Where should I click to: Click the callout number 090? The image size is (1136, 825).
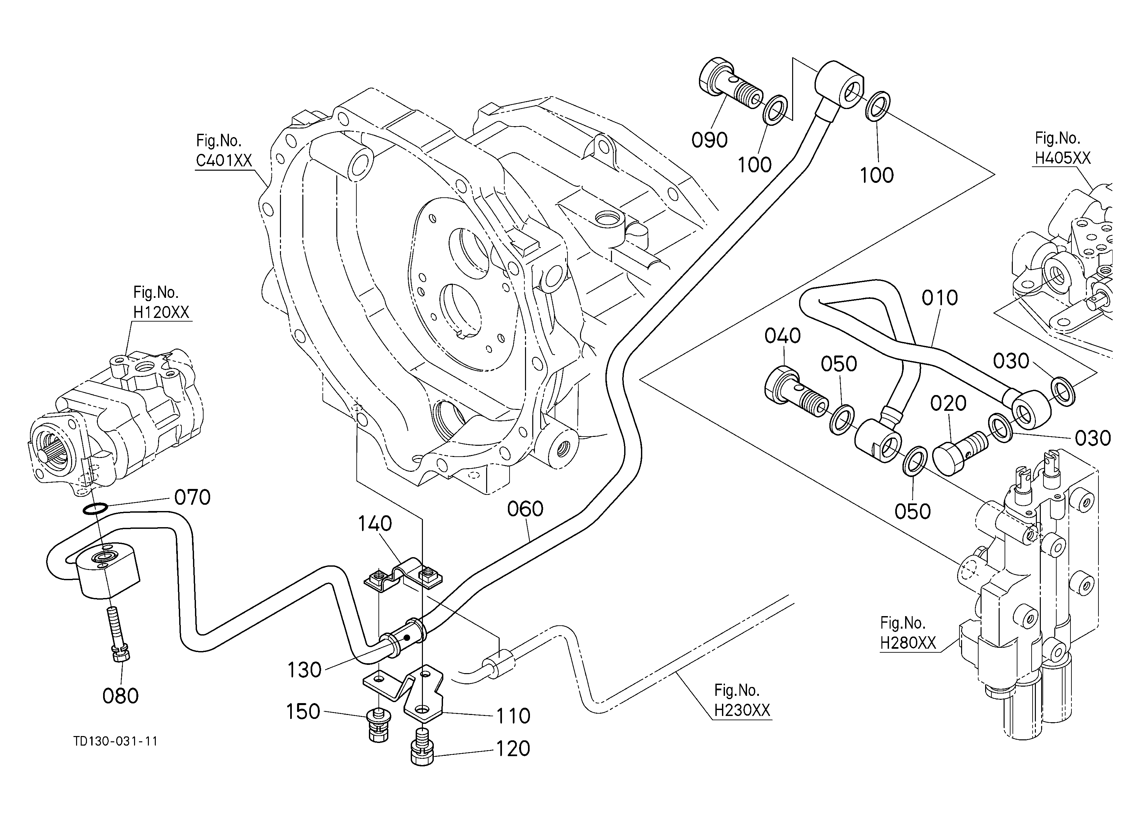[709, 140]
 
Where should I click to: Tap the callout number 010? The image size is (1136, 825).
[940, 298]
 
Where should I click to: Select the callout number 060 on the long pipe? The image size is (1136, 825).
[525, 509]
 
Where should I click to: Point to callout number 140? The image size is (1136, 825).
[375, 524]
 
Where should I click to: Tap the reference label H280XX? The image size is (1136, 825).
[908, 643]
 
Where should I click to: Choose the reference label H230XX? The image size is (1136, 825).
[742, 711]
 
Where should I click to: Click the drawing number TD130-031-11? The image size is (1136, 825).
[116, 741]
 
